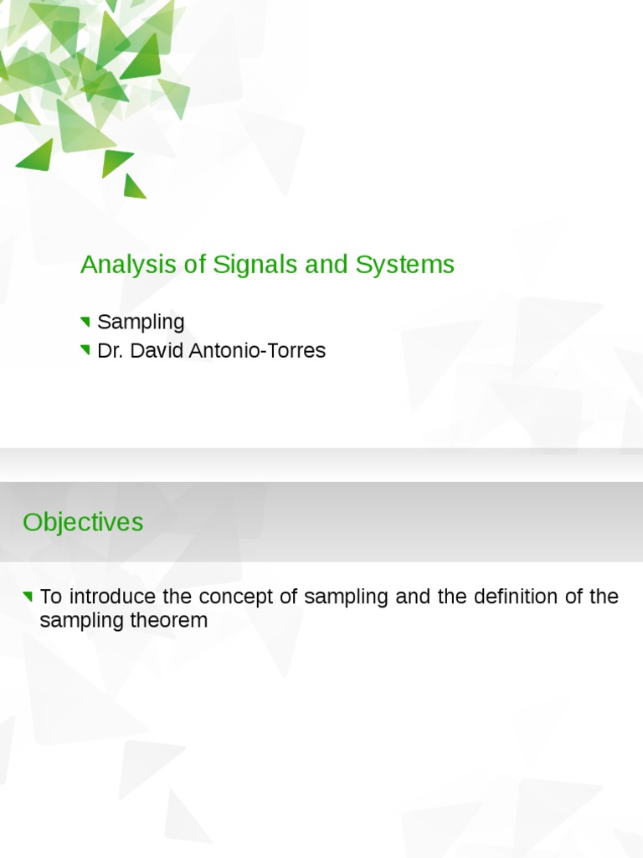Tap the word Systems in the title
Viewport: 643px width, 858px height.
click(404, 265)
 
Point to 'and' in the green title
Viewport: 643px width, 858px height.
click(327, 265)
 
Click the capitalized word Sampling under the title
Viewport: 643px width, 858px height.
click(141, 323)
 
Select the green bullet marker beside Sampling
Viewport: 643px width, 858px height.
click(85, 322)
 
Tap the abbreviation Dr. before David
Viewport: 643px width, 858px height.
click(109, 350)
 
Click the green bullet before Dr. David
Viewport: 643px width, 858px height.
click(85, 350)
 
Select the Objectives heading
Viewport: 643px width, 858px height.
click(83, 522)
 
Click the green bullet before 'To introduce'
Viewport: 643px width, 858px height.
click(28, 597)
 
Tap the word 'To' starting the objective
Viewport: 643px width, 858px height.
click(51, 597)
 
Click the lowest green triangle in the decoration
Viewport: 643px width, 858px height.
click(133, 188)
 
